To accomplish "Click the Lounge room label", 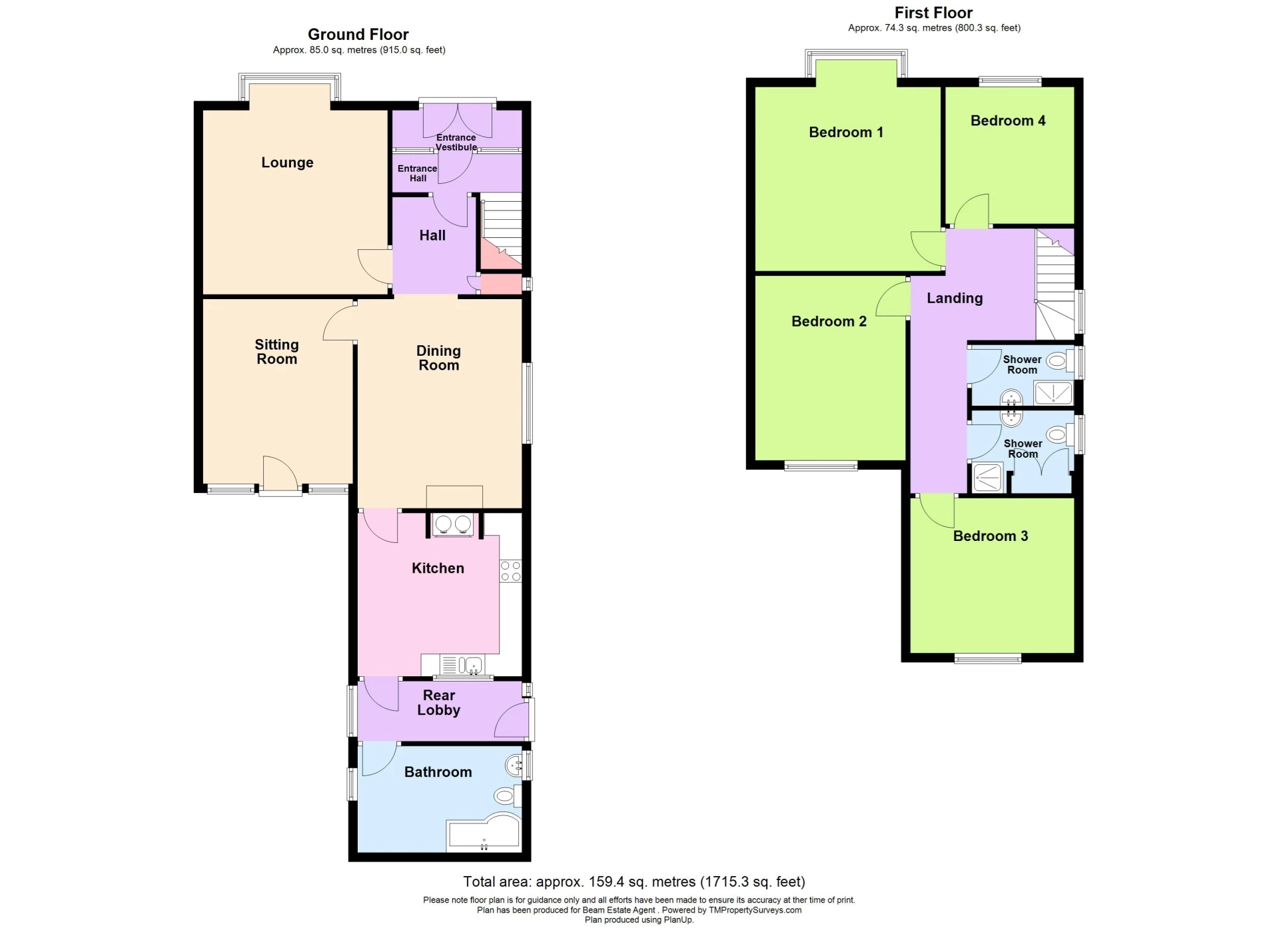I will [x=287, y=163].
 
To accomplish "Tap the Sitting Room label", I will [x=276, y=352].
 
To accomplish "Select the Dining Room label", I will [x=438, y=358].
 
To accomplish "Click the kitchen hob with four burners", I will [x=511, y=571].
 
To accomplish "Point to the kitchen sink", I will [x=462, y=665].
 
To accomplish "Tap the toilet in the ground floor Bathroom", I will [x=506, y=795].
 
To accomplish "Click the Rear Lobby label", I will [x=438, y=703].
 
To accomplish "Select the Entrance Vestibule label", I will [x=456, y=142].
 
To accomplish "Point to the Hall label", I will [x=432, y=235].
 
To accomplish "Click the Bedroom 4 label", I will [x=1007, y=121].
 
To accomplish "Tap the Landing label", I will [x=955, y=298].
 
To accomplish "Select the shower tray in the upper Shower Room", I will [x=1053, y=393].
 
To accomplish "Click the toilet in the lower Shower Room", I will [x=1057, y=436].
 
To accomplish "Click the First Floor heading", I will [x=933, y=13].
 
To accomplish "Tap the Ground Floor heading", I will [x=358, y=35].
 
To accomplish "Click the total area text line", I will [x=634, y=882].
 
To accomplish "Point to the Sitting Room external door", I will [x=280, y=476].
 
